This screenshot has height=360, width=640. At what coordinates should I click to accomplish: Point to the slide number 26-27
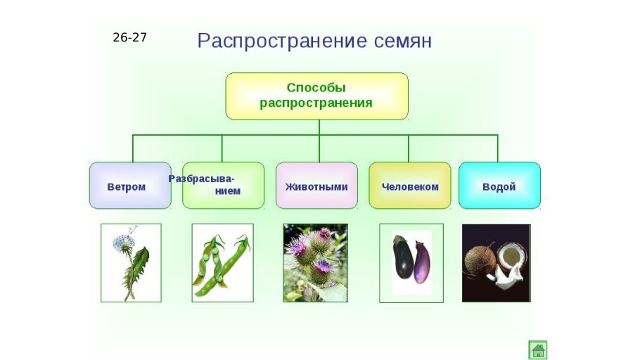pyautogui.click(x=129, y=37)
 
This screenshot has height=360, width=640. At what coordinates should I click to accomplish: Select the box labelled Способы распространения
pyautogui.click(x=316, y=96)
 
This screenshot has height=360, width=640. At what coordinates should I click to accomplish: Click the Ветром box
pyautogui.click(x=129, y=186)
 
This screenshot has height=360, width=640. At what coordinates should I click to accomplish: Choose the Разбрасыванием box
pyautogui.click(x=223, y=186)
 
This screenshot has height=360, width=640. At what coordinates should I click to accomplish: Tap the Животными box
pyautogui.click(x=316, y=186)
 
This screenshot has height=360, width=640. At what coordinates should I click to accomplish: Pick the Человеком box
pyautogui.click(x=409, y=186)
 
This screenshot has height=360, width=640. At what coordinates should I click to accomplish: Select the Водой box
pyautogui.click(x=499, y=186)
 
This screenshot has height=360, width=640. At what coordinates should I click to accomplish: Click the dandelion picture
pyautogui.click(x=131, y=263)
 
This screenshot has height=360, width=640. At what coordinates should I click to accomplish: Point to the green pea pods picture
pyautogui.click(x=222, y=263)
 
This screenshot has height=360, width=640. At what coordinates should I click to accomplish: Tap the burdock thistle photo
pyautogui.click(x=315, y=263)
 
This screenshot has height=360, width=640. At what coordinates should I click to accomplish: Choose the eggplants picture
pyautogui.click(x=411, y=263)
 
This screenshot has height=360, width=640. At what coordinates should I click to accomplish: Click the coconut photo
pyautogui.click(x=496, y=263)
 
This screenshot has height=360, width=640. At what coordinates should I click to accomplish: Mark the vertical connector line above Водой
pyautogui.click(x=497, y=148)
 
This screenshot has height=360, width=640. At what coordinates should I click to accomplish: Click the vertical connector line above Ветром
pyautogui.click(x=133, y=148)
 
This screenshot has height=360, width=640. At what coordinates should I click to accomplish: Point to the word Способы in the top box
pyautogui.click(x=316, y=88)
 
